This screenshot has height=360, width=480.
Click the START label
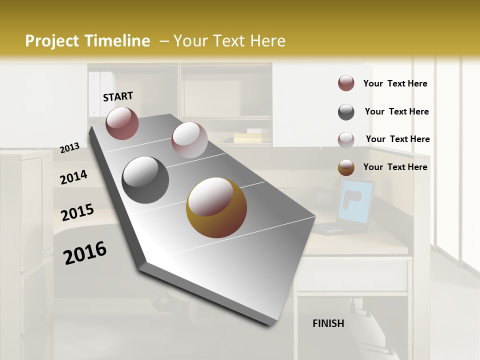(x=118, y=96)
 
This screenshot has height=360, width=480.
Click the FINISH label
(x=328, y=323)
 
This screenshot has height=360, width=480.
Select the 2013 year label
(x=70, y=148)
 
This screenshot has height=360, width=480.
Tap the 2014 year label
(x=74, y=177)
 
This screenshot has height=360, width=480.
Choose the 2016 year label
(x=85, y=253)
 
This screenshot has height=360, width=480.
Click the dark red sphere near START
(x=122, y=123)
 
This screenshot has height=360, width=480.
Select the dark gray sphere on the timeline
(x=145, y=180)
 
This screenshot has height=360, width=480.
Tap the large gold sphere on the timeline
(x=216, y=208)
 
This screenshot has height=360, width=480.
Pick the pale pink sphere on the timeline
(x=189, y=140)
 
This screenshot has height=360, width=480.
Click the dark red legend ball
(x=346, y=83)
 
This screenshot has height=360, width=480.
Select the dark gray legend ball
(x=346, y=112)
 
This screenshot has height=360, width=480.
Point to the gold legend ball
(x=346, y=167)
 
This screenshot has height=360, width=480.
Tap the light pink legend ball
(x=346, y=139)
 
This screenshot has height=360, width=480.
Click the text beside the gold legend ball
(x=395, y=167)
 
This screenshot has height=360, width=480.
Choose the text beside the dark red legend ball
(x=395, y=83)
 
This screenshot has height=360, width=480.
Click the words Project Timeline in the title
(x=87, y=41)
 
